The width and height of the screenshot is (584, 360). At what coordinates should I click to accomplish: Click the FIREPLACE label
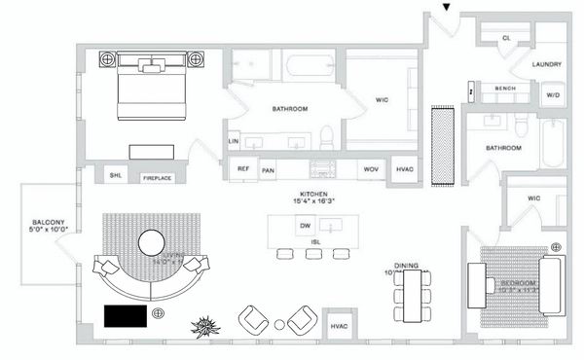(x=159, y=179)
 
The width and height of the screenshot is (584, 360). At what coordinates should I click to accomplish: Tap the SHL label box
(x=115, y=175)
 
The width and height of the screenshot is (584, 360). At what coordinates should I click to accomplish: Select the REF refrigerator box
(x=243, y=168)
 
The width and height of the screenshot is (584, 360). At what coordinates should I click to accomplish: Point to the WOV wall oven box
(x=370, y=169)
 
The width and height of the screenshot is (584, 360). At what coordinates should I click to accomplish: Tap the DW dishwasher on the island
(x=305, y=226)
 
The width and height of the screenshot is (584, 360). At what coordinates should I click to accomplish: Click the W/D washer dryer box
(x=553, y=95)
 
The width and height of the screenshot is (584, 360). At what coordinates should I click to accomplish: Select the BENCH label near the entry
(x=504, y=89)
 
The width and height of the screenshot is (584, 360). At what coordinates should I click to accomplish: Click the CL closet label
(x=506, y=38)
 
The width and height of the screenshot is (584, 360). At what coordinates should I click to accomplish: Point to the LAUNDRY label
(x=547, y=65)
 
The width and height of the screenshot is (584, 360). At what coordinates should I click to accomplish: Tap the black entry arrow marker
(x=447, y=8)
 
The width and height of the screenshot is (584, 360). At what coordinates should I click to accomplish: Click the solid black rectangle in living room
(x=127, y=315)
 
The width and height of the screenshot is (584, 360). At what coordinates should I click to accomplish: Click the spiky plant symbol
(x=205, y=325)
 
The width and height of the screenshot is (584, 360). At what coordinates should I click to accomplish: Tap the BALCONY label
(x=46, y=224)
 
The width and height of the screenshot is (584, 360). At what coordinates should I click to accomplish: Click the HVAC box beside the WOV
(x=405, y=169)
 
